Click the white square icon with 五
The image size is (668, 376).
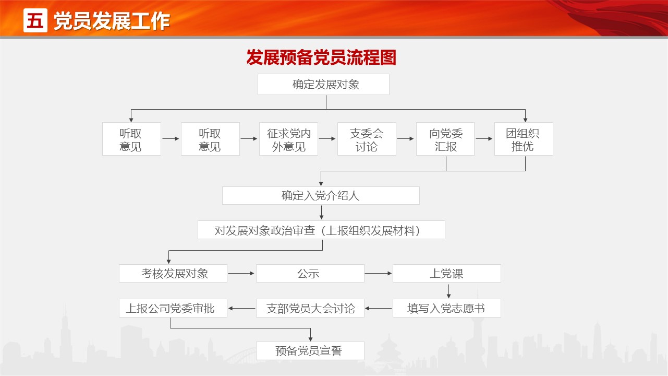click(x=35, y=20)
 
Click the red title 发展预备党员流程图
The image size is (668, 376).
click(x=321, y=57)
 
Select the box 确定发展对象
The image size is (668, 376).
click(x=323, y=84)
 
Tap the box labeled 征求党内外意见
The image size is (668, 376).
click(x=288, y=139)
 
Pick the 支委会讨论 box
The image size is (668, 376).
click(x=367, y=139)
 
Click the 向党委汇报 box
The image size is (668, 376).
click(x=445, y=139)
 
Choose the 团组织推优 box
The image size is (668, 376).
click(x=524, y=139)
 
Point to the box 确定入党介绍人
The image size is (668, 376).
click(x=321, y=196)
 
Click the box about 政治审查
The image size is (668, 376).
click(x=321, y=230)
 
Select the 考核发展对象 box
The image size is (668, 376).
click(x=173, y=273)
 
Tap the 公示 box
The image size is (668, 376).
click(x=310, y=273)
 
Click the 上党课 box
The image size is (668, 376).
click(x=447, y=273)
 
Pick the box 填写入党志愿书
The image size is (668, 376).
click(x=447, y=308)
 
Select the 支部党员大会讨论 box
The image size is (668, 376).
click(x=310, y=308)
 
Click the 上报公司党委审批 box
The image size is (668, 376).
click(x=173, y=308)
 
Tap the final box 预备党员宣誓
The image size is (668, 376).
click(x=310, y=351)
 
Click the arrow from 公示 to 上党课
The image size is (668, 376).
click(x=378, y=273)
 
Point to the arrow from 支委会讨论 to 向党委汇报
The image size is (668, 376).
click(x=405, y=138)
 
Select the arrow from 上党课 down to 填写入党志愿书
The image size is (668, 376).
click(x=449, y=291)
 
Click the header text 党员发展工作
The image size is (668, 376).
click(x=112, y=21)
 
